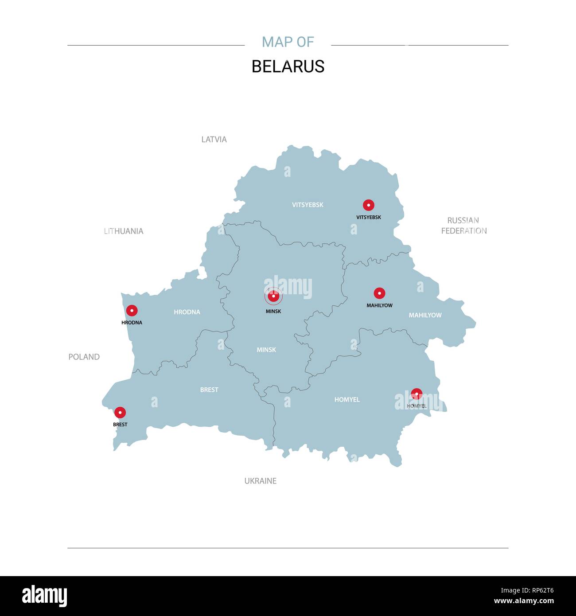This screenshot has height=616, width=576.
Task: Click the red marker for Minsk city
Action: (273, 296)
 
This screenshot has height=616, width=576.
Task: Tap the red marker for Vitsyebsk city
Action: (368, 205)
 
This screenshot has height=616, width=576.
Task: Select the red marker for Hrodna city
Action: (132, 311)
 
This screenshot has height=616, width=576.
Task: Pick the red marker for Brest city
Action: (120, 413)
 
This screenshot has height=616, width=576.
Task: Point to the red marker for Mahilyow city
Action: (379, 293)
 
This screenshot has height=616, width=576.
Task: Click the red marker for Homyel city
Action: (416, 394)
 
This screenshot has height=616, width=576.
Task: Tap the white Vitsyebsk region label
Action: (307, 205)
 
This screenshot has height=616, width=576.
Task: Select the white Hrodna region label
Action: (187, 312)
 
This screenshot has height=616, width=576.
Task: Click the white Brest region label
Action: (209, 390)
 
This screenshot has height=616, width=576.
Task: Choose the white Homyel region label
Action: (347, 400)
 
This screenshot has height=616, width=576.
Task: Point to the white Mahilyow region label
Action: (425, 315)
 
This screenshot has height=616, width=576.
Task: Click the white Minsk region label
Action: (266, 350)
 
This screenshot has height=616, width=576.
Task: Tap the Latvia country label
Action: (214, 139)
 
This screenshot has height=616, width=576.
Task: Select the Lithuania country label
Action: (124, 231)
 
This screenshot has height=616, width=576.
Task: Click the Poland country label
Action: (84, 357)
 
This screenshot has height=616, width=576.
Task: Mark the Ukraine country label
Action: (261, 481)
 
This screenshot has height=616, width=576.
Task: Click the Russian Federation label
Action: (463, 226)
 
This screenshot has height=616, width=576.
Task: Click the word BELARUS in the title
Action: (288, 66)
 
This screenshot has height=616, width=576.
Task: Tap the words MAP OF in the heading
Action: (288, 42)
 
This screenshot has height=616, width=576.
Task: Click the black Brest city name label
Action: (120, 425)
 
